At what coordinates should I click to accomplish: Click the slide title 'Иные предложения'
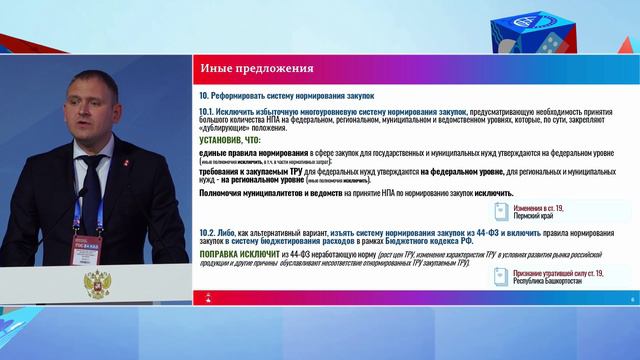(x=257, y=69)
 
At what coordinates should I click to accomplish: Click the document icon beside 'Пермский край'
(x=503, y=210)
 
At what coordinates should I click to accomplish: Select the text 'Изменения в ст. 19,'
(x=541, y=207)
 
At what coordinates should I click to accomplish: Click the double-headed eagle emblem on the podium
(x=97, y=290)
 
